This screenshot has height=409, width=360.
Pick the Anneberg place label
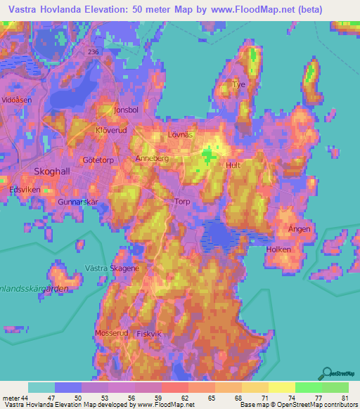152,159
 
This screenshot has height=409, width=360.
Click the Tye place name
240,84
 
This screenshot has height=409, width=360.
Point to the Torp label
181,201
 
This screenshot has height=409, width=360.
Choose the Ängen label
300,229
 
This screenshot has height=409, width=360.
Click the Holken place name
278,249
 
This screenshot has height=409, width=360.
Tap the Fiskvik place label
150,334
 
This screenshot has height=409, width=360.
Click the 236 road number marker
94,52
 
